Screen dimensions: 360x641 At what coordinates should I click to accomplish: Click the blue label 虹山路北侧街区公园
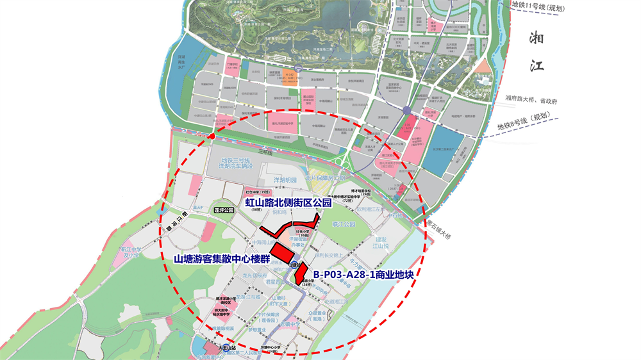pos(288,202)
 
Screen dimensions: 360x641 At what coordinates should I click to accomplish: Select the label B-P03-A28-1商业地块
pos(363,275)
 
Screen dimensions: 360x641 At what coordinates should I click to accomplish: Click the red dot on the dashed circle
pos(212,136)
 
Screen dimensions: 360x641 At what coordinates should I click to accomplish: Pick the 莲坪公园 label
pos(224,209)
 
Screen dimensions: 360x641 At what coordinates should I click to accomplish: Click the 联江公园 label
pos(344,225)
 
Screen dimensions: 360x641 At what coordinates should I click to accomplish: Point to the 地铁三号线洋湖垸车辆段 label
pos(237,163)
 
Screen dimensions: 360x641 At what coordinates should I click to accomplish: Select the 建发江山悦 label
pos(381,242)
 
